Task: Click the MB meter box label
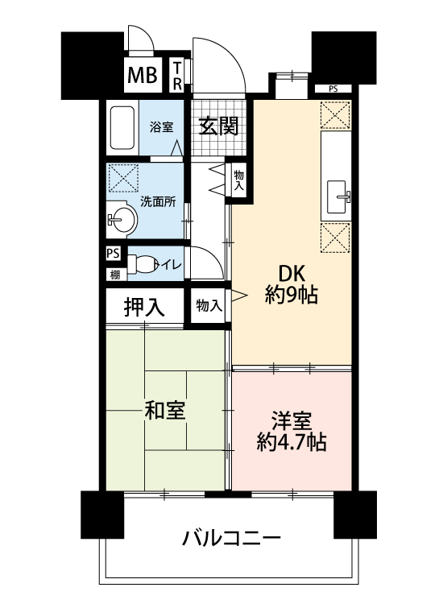point(142,75)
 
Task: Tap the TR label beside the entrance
point(177,76)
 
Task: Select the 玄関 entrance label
point(218,126)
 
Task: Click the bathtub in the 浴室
point(122,127)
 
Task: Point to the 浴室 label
point(161,127)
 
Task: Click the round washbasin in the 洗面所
point(123,220)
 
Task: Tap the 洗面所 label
point(158,201)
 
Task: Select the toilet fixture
point(142,264)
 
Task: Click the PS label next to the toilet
point(114,254)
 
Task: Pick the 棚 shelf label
point(115,275)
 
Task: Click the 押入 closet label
point(144,307)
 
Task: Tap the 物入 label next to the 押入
point(209,306)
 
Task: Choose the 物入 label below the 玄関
point(239,180)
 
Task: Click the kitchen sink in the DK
point(337,197)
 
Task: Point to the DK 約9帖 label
point(292,285)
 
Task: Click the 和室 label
point(164,410)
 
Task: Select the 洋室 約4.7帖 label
point(292,432)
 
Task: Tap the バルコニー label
point(231,538)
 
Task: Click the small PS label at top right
point(333,89)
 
